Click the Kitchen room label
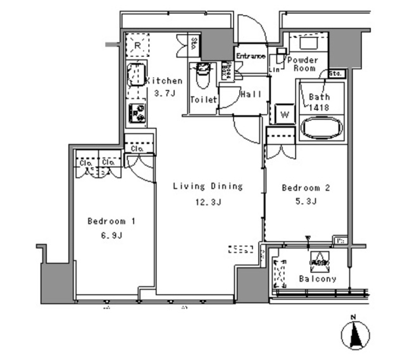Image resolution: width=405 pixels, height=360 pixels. coord(164,81)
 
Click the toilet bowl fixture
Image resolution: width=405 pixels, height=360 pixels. coord(203,75)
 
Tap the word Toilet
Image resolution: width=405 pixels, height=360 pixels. coord(204,100)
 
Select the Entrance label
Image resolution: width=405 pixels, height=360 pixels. coord(251,56)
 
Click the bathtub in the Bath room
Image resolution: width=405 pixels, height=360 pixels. coord(321,128)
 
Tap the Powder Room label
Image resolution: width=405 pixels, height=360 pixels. coord(304,64)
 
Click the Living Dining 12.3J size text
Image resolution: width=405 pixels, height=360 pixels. coord(208,202)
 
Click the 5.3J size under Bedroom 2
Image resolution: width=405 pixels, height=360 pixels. coord(305,201)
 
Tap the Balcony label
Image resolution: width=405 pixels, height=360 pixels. coord(318,279)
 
